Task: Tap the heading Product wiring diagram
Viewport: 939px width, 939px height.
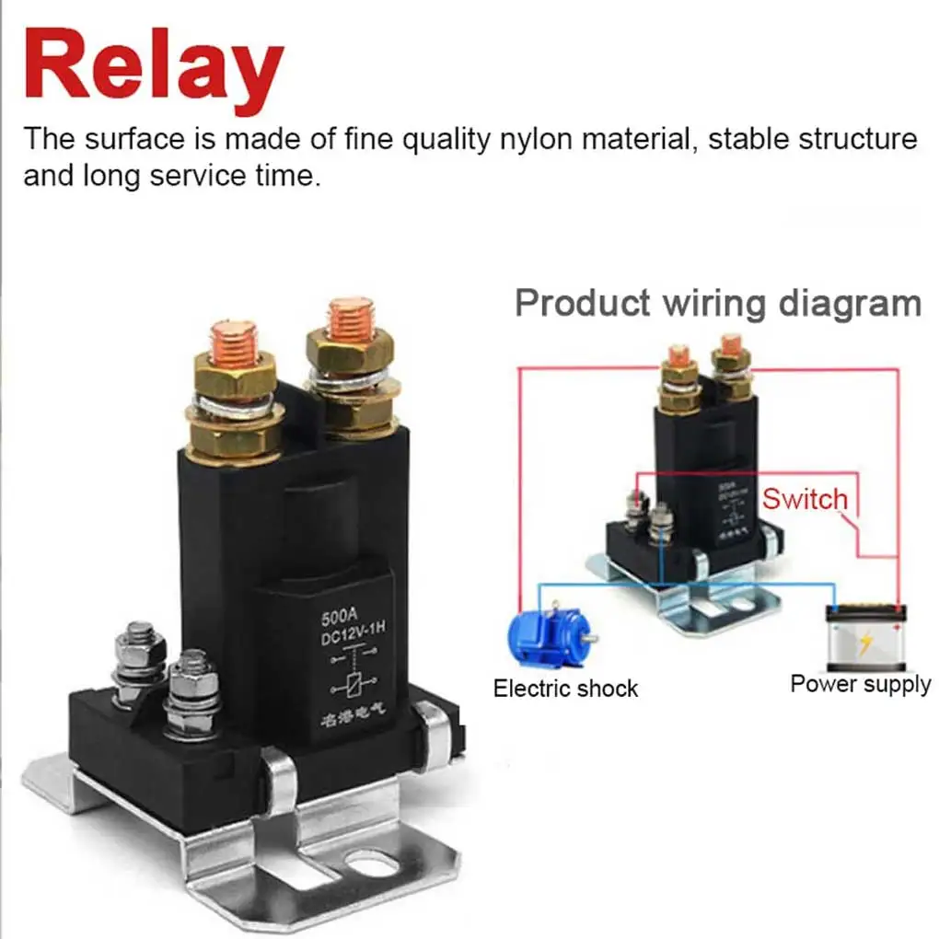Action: pyautogui.click(x=717, y=303)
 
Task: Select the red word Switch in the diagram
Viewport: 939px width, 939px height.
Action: pyautogui.click(x=804, y=499)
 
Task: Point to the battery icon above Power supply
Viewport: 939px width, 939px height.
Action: pyautogui.click(x=865, y=637)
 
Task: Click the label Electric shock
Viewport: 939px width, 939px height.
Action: pyautogui.click(x=565, y=689)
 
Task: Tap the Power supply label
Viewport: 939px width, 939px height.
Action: pyautogui.click(x=860, y=684)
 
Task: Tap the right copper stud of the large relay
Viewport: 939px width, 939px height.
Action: pyautogui.click(x=350, y=319)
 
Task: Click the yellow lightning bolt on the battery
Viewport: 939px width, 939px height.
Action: pyautogui.click(x=864, y=643)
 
